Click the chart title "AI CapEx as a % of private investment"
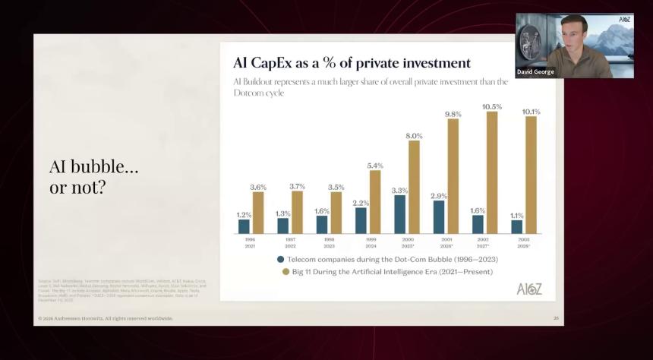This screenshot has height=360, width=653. pyautogui.click(x=352, y=63)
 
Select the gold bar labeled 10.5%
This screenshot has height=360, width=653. pyautogui.click(x=492, y=172)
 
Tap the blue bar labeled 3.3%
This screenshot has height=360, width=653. pyautogui.click(x=400, y=214)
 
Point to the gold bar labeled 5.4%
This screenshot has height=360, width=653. pyautogui.click(x=375, y=201)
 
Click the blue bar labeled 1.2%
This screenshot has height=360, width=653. pyautogui.click(x=244, y=226)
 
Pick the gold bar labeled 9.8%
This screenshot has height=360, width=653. pyautogui.click(x=453, y=176)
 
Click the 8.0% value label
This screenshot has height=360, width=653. pyautogui.click(x=415, y=136)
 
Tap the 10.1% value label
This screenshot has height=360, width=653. pyautogui.click(x=532, y=112)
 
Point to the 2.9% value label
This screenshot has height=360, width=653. pyautogui.click(x=439, y=196)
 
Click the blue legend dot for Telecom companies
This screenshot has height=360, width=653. pyautogui.click(x=281, y=259)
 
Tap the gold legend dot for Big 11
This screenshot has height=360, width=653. pyautogui.click(x=281, y=271)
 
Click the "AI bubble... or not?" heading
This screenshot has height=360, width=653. pyautogui.click(x=94, y=177)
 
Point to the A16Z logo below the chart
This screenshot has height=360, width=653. pyautogui.click(x=529, y=288)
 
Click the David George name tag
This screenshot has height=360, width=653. pyautogui.click(x=536, y=72)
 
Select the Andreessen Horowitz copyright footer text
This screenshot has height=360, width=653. pyautogui.click(x=106, y=318)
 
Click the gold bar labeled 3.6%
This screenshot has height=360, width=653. pyautogui.click(x=258, y=213)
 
